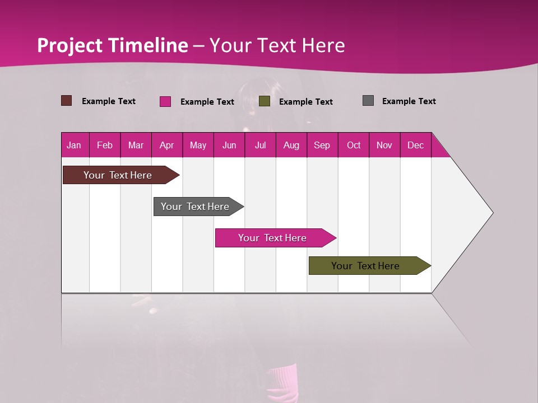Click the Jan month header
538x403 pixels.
point(75,145)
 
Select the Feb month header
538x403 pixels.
point(105,145)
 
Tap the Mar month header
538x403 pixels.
point(136,145)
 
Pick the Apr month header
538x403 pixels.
point(167,145)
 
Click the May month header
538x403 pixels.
point(198,145)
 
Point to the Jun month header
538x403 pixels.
point(229,145)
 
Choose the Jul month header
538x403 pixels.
point(260,145)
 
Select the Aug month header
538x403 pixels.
point(291,145)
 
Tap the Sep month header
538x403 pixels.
point(322,145)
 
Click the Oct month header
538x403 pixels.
point(354,145)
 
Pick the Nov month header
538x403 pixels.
point(384,145)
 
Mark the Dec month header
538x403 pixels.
point(416,145)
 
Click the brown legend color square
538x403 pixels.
point(67,101)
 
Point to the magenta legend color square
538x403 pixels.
point(165,101)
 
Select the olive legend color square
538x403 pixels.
point(265,101)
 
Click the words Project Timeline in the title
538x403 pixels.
point(113,45)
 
